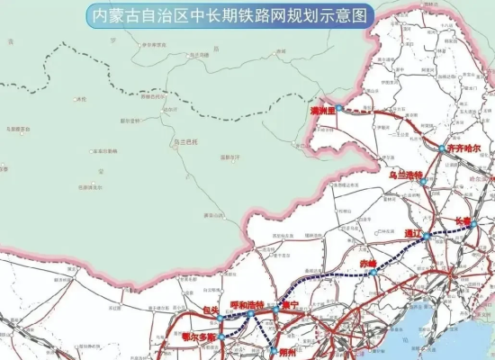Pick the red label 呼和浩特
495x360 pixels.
click(247, 306)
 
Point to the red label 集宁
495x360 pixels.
click(290, 306)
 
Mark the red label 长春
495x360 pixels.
click(463, 219)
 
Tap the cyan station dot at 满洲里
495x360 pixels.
click(340, 107)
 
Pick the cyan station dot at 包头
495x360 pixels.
click(219, 318)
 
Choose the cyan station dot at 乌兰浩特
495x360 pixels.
click(422, 181)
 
